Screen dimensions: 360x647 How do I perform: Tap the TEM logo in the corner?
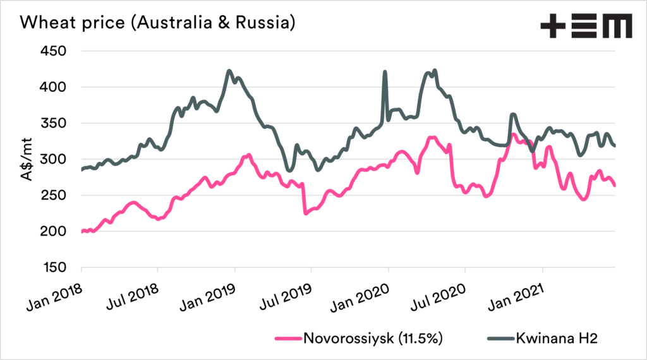[586, 26]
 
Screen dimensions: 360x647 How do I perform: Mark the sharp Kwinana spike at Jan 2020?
[385, 73]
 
